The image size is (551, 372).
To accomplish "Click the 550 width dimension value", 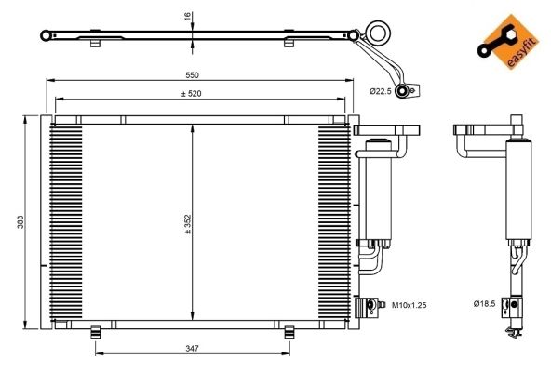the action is click(193, 74).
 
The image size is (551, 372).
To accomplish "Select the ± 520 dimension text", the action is click(191, 93).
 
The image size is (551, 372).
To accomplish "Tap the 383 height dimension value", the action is click(20, 222).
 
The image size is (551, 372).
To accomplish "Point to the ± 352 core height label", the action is click(188, 224).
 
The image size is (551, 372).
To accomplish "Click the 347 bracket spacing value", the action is click(192, 348).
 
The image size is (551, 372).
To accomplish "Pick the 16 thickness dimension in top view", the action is click(187, 16).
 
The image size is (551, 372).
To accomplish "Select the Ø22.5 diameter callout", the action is click(381, 91).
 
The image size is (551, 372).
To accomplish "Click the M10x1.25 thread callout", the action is click(409, 305).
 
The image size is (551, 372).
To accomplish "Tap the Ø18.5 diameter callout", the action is click(484, 303).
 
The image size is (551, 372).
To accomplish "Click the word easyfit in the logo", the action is click(522, 53).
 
